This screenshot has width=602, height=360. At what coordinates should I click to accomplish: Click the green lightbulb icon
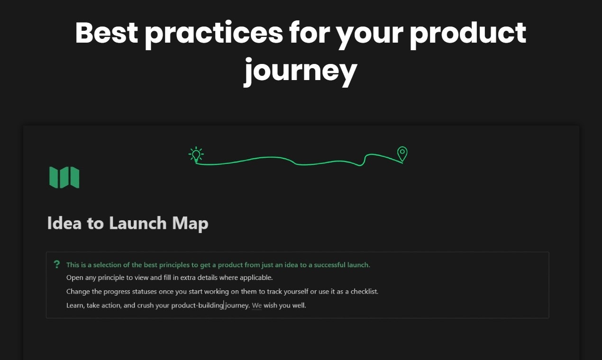point(196,154)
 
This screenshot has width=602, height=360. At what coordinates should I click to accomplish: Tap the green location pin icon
point(402,153)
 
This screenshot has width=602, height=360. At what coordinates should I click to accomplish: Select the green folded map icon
point(64,177)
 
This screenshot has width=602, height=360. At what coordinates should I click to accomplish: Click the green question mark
point(57,264)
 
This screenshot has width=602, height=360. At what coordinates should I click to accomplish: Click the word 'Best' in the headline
point(106,33)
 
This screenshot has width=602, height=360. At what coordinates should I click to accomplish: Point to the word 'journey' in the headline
point(300,71)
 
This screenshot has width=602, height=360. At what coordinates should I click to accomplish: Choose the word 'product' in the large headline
point(468,33)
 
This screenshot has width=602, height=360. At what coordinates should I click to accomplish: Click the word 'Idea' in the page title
point(64,223)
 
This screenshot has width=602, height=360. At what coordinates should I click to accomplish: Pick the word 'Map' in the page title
point(190,223)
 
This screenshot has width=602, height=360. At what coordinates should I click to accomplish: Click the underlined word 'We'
point(256,306)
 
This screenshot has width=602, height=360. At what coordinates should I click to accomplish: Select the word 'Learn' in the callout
point(75,306)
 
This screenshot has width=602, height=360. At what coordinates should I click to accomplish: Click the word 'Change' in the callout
point(78,291)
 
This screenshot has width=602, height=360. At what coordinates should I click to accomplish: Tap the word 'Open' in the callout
point(74,278)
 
